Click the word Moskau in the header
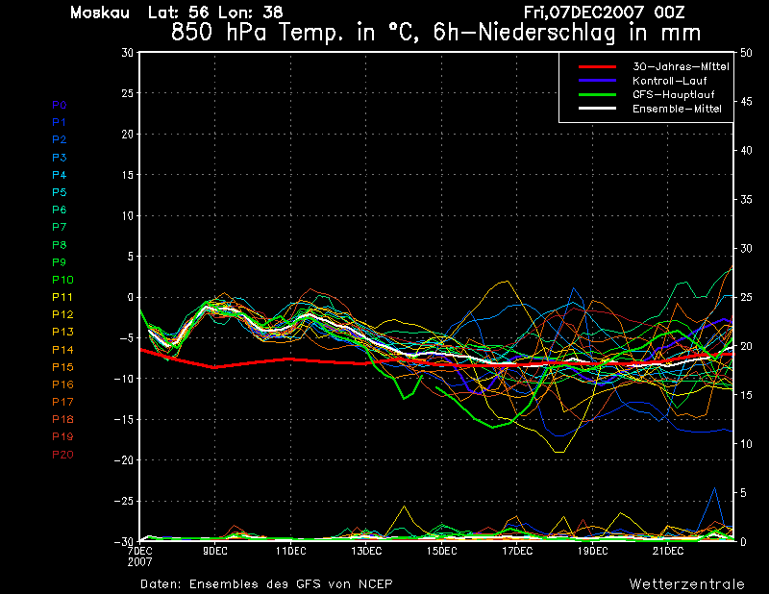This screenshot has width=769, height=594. point(100,12)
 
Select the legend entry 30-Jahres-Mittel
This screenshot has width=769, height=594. point(681,66)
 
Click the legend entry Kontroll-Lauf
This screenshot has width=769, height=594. point(669,81)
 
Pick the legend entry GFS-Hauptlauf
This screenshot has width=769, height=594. point(674,94)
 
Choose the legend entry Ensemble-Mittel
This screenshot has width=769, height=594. point(677,109)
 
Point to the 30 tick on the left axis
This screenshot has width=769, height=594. point(127,52)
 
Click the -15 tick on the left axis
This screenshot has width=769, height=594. point(124,419)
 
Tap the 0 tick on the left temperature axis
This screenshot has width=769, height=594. point(130,297)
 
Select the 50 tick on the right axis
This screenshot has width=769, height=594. point(746,53)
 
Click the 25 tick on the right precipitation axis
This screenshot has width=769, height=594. point(746,297)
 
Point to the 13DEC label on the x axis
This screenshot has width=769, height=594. point(366,551)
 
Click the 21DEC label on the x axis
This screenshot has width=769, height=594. point(668,551)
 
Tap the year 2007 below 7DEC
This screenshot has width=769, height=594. point(139,561)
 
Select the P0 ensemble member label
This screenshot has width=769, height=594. point(60,105)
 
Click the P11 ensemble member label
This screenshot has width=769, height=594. point(62,297)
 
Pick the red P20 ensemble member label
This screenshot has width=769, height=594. point(62,455)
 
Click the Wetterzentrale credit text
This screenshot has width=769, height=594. point(686,584)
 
